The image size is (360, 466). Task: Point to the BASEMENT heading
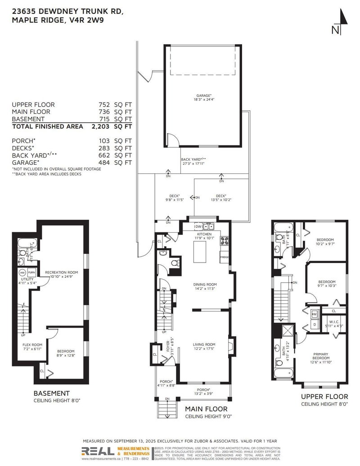pos(52,393)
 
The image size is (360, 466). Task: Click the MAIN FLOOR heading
pos(206,409)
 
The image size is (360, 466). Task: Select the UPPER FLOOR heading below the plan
pos(324,397)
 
